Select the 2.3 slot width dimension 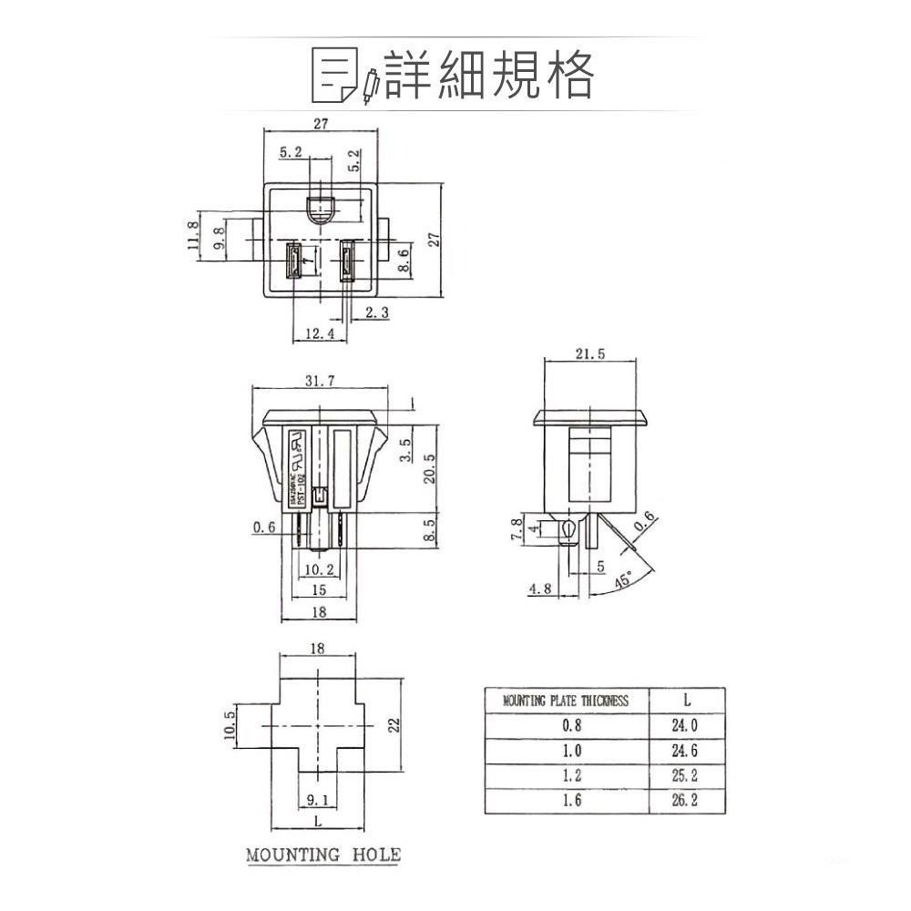tap(376, 312)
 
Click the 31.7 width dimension tap(320, 381)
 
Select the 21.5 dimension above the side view tap(590, 354)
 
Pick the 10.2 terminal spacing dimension tap(318, 569)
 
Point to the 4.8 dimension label tap(540, 589)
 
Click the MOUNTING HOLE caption tap(323, 855)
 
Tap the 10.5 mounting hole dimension tap(229, 726)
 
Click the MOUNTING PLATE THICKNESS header tap(566, 701)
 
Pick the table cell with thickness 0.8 tap(571, 726)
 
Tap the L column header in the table tap(686, 701)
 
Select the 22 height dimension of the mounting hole tap(394, 725)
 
